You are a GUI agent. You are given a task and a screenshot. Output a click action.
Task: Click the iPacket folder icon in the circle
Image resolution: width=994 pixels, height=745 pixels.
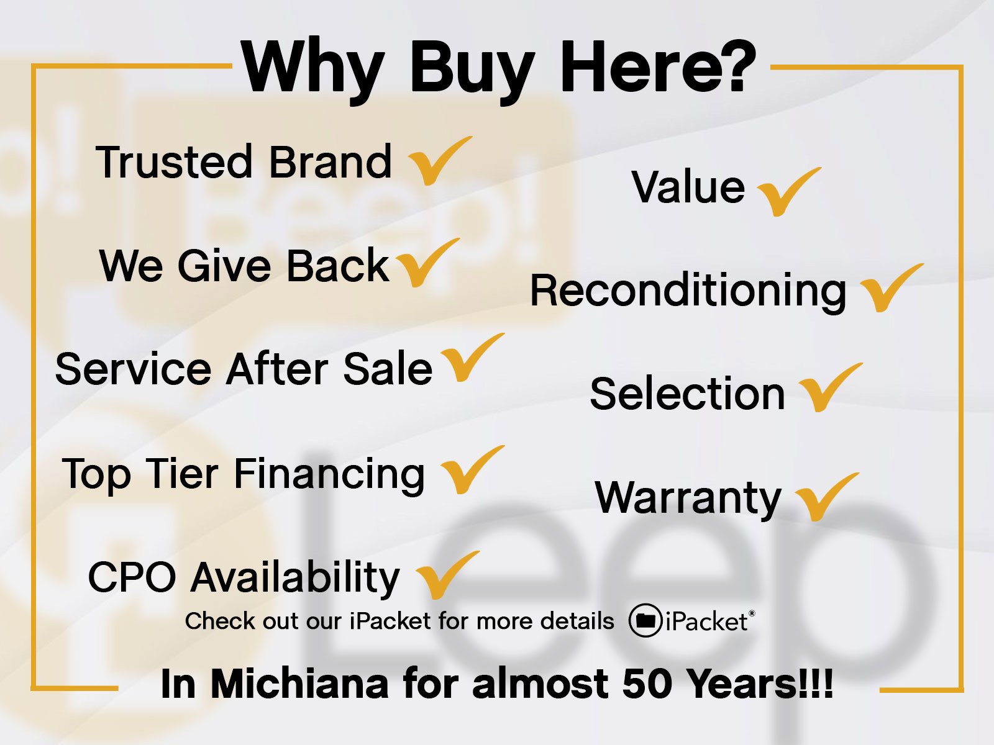pos(645,621)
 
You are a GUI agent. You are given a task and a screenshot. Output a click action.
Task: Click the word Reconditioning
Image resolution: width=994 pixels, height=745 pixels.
pos(688,291)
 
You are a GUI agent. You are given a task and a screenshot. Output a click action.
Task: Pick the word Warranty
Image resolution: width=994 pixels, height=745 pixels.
pos(688,499)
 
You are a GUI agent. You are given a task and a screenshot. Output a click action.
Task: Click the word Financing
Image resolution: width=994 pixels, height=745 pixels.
pos(329,476)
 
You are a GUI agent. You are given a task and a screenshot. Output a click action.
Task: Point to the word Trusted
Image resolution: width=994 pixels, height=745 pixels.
pos(173,161)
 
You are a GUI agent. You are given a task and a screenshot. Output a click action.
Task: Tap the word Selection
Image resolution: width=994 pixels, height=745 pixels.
pos(688,394)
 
